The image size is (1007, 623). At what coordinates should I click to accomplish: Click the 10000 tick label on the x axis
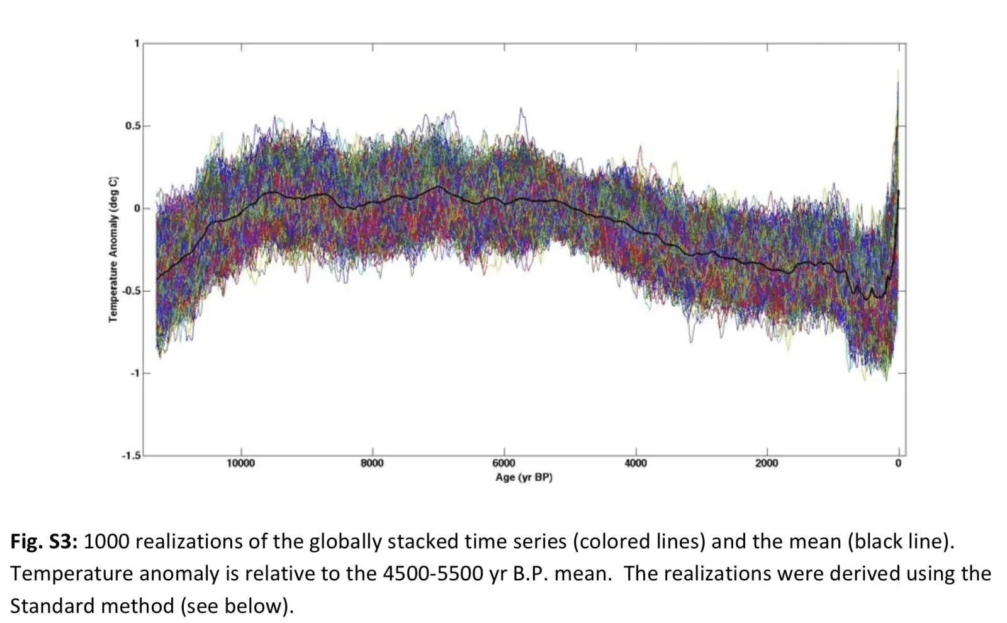pyautogui.click(x=240, y=464)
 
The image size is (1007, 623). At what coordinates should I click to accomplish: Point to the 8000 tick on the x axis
pyautogui.click(x=372, y=464)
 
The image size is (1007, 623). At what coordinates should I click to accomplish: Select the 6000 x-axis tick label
pyautogui.click(x=503, y=464)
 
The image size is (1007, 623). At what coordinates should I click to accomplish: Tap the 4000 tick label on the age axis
pyautogui.click(x=635, y=464)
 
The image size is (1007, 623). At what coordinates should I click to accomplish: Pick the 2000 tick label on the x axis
pyautogui.click(x=767, y=464)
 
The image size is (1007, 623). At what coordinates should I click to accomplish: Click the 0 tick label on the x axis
pyautogui.click(x=898, y=464)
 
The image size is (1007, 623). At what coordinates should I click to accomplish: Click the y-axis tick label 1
pyautogui.click(x=136, y=43)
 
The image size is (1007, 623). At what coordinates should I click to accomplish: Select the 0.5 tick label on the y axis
pyautogui.click(x=132, y=126)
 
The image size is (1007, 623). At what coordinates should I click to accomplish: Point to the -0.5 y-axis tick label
pyautogui.click(x=131, y=291)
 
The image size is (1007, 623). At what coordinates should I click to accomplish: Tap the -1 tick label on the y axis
pyautogui.click(x=134, y=374)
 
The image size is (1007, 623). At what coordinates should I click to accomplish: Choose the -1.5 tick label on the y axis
pyautogui.click(x=131, y=455)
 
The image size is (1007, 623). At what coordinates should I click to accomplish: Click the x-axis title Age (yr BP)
pyautogui.click(x=524, y=477)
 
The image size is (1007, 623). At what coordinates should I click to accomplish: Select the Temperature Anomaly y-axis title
pyautogui.click(x=113, y=249)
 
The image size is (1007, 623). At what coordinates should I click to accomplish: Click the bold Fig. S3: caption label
pyautogui.click(x=43, y=542)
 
